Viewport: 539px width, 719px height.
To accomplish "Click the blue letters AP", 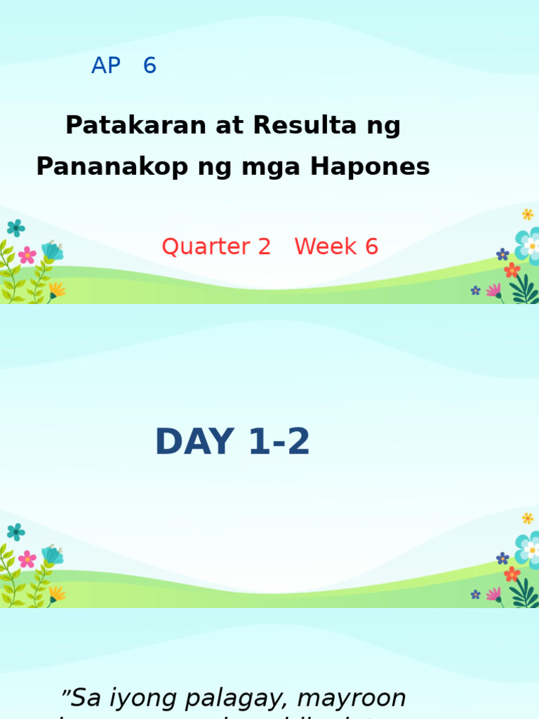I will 106,66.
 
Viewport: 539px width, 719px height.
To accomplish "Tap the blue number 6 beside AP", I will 149,66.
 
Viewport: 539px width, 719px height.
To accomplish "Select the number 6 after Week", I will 371,246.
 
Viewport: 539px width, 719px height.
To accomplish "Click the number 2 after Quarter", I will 264,246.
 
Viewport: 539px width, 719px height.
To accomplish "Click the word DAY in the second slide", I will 194,442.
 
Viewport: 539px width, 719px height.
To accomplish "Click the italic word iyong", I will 149,698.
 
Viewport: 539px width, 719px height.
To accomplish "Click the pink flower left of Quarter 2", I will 27,255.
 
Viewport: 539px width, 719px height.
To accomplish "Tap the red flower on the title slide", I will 512,270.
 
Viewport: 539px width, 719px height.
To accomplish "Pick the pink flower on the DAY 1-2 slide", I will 27,559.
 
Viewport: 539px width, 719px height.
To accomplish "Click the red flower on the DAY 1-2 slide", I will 512,574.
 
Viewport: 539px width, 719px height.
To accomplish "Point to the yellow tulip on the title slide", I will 56,289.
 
